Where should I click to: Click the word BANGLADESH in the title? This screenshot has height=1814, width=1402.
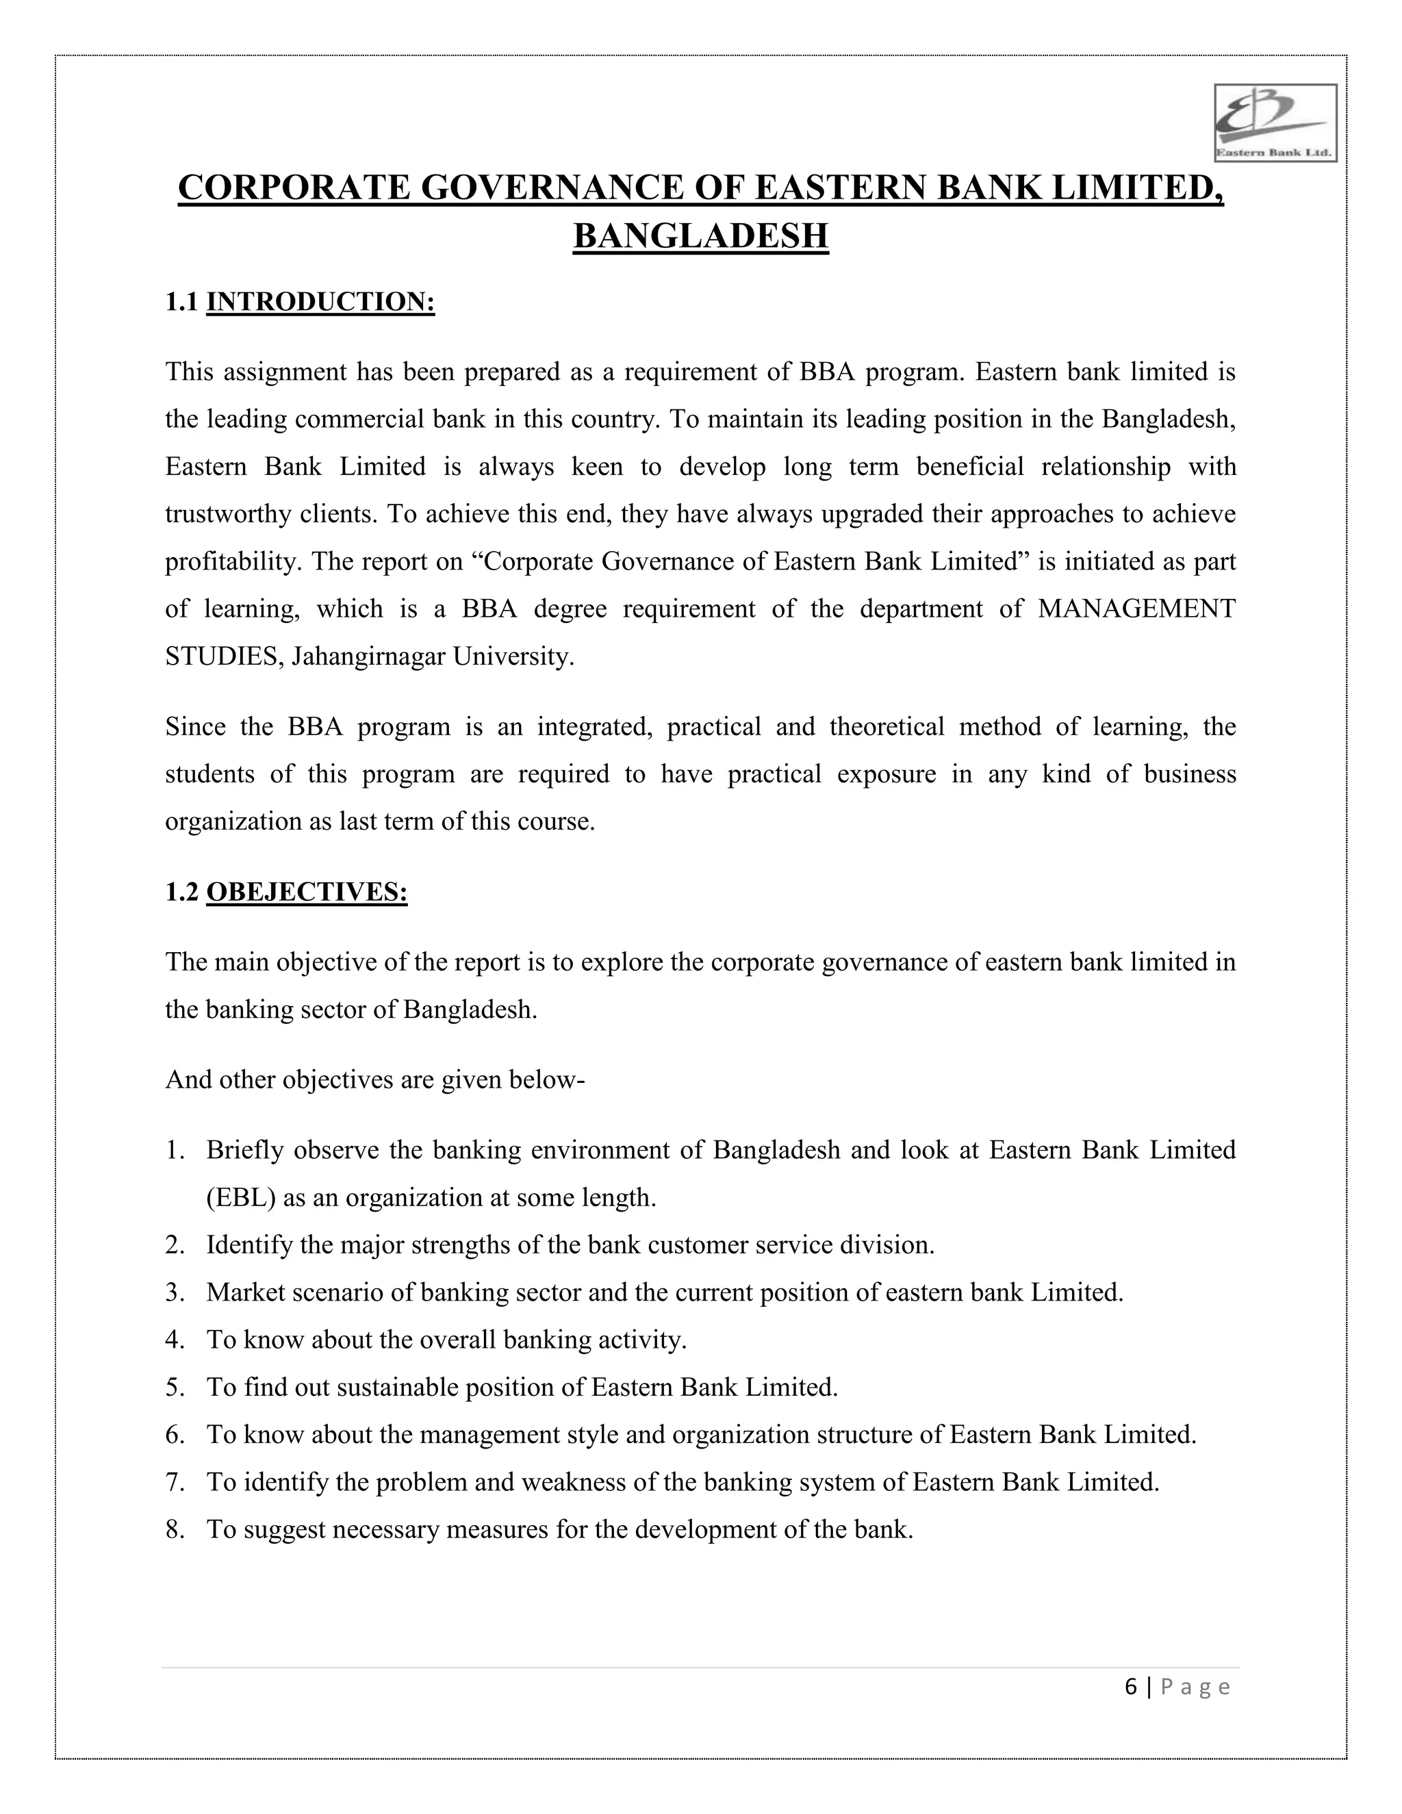pyautogui.click(x=700, y=236)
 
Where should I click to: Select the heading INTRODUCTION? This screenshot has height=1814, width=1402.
pyautogui.click(x=320, y=301)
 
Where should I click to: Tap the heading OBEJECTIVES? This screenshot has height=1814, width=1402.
pyautogui.click(x=307, y=892)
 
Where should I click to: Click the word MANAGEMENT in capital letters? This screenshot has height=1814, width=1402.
pyautogui.click(x=1136, y=609)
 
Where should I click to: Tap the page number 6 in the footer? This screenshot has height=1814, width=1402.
pyautogui.click(x=1130, y=1687)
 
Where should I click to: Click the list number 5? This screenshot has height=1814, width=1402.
pyautogui.click(x=174, y=1387)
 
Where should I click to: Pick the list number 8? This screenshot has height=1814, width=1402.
pyautogui.click(x=174, y=1529)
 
